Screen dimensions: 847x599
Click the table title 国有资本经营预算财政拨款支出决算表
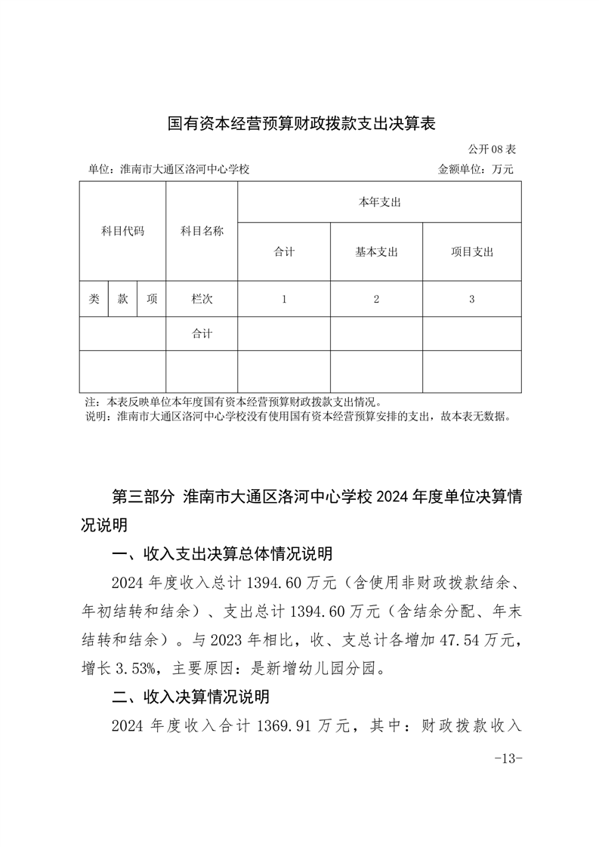(301, 123)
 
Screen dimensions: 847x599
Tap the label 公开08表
(492, 149)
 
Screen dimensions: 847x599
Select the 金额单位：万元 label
(475, 169)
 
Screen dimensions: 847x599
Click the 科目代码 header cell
(122, 231)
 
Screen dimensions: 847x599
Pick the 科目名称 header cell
(202, 231)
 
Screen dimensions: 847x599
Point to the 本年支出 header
(379, 202)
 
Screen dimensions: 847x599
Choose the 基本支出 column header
(376, 252)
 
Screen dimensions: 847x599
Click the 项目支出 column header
(471, 252)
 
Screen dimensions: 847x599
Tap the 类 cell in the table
(94, 299)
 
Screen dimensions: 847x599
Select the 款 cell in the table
(122, 299)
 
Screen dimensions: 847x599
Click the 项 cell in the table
(152, 299)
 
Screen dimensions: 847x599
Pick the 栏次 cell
(202, 299)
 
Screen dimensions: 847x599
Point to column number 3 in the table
(471, 299)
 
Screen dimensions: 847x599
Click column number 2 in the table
(376, 299)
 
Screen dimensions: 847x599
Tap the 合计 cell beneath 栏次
(202, 334)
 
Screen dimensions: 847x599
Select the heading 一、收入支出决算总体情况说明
(221, 555)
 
